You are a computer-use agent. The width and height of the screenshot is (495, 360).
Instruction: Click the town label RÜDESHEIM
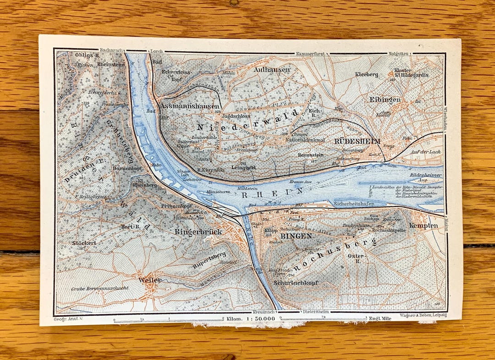point(358,141)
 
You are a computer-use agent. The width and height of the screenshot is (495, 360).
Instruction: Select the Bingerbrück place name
point(198,232)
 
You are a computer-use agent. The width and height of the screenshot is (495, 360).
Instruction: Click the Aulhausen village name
point(271,70)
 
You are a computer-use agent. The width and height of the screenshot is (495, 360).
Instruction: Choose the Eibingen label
point(385,99)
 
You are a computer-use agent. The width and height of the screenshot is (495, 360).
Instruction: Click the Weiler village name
point(148,280)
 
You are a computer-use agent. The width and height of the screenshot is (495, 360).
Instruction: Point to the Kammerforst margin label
point(310,53)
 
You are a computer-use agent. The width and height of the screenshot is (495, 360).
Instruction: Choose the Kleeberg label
point(367,74)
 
